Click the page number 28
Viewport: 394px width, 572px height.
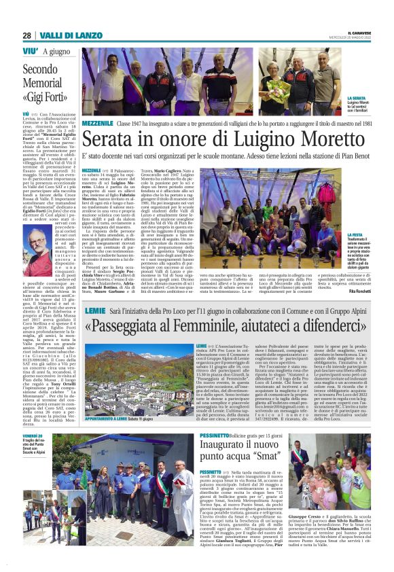pyautogui.click(x=26, y=36)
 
